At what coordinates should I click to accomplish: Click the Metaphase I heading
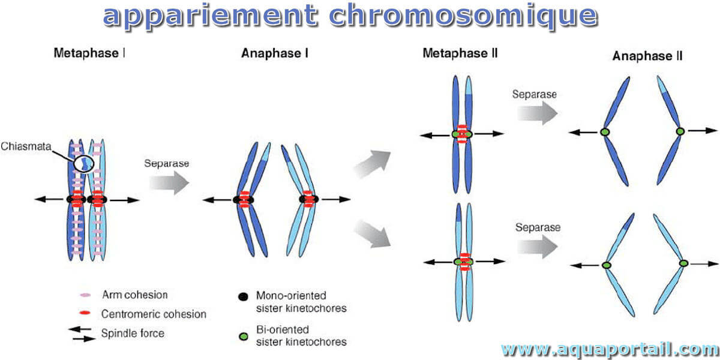tap(89, 53)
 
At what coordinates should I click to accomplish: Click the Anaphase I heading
tap(275, 53)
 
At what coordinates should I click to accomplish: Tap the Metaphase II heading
tap(460, 53)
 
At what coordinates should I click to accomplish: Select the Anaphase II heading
tap(647, 56)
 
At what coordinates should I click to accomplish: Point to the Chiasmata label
tap(26, 146)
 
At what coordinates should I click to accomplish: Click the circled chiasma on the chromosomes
tap(83, 164)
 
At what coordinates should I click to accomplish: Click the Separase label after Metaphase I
tap(167, 163)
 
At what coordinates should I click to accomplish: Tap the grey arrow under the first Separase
tap(169, 182)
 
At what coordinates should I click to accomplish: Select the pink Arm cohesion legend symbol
tap(85, 295)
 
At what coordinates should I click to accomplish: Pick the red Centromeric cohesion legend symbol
tap(85, 313)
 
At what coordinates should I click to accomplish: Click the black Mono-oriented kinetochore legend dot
tap(243, 296)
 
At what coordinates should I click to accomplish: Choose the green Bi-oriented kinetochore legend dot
tap(244, 336)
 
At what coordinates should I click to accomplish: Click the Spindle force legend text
tap(133, 334)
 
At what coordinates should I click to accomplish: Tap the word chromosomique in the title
tap(463, 16)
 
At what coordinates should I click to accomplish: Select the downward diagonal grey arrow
tap(372, 233)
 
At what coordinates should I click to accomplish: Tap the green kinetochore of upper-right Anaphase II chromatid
tap(680, 131)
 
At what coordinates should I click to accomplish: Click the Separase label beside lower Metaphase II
tap(538, 227)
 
